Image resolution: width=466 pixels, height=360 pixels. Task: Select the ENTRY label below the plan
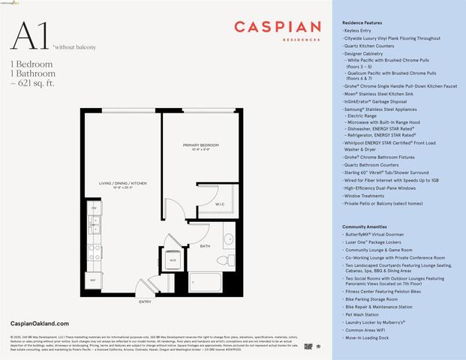[145, 302]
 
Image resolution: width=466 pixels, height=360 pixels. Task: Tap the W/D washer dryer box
[171, 260]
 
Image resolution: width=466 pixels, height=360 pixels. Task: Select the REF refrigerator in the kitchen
[95, 279]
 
